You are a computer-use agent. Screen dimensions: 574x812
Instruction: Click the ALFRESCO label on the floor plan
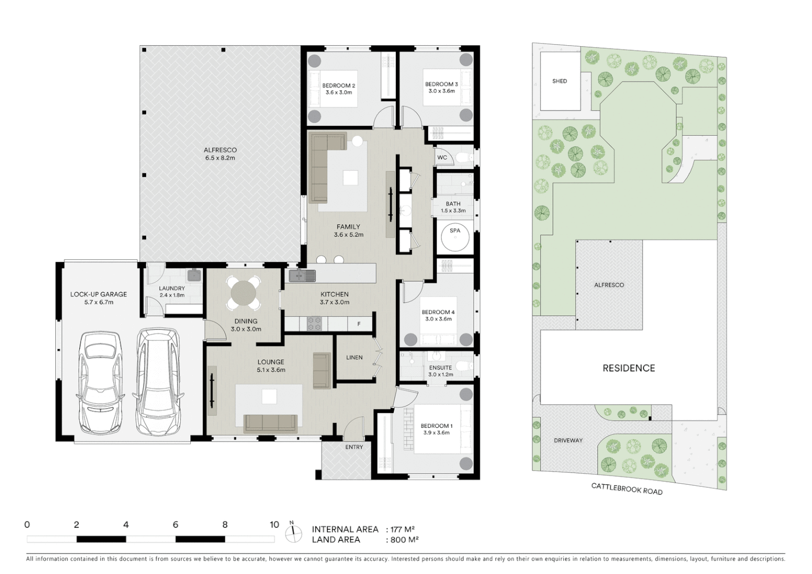[x=220, y=150]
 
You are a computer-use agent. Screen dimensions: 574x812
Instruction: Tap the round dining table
[x=243, y=292]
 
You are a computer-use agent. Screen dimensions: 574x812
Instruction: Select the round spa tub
[x=455, y=237]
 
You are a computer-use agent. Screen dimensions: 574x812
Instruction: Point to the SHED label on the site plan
[x=559, y=81]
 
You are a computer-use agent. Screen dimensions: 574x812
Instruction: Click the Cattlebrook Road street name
[x=627, y=488]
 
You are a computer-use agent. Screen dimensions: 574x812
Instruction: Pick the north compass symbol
[x=292, y=533]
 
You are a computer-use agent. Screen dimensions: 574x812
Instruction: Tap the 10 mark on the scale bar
[x=274, y=525]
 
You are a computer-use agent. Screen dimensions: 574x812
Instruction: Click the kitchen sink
[x=302, y=276]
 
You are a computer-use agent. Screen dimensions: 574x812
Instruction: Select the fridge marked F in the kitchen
[x=359, y=324]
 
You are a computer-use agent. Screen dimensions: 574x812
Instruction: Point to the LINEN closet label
[x=354, y=358]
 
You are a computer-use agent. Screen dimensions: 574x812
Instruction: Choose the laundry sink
[x=193, y=275]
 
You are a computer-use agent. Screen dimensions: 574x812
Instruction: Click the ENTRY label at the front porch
[x=354, y=447]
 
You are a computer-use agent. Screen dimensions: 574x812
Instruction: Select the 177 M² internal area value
[x=402, y=529]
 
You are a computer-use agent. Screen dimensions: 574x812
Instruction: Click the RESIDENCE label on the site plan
[x=628, y=368]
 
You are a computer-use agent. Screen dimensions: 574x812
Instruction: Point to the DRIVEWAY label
[x=568, y=441]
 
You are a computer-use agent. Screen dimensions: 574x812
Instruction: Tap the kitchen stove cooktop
[x=315, y=323]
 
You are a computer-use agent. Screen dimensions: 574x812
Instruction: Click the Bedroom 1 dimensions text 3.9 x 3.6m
[x=436, y=433]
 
